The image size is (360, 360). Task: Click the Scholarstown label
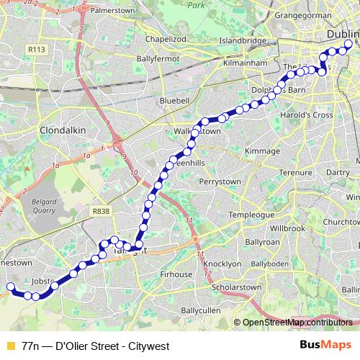click(x=235, y=287)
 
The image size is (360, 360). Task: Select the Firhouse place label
click(x=176, y=274)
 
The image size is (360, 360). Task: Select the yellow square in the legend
click(x=10, y=345)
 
